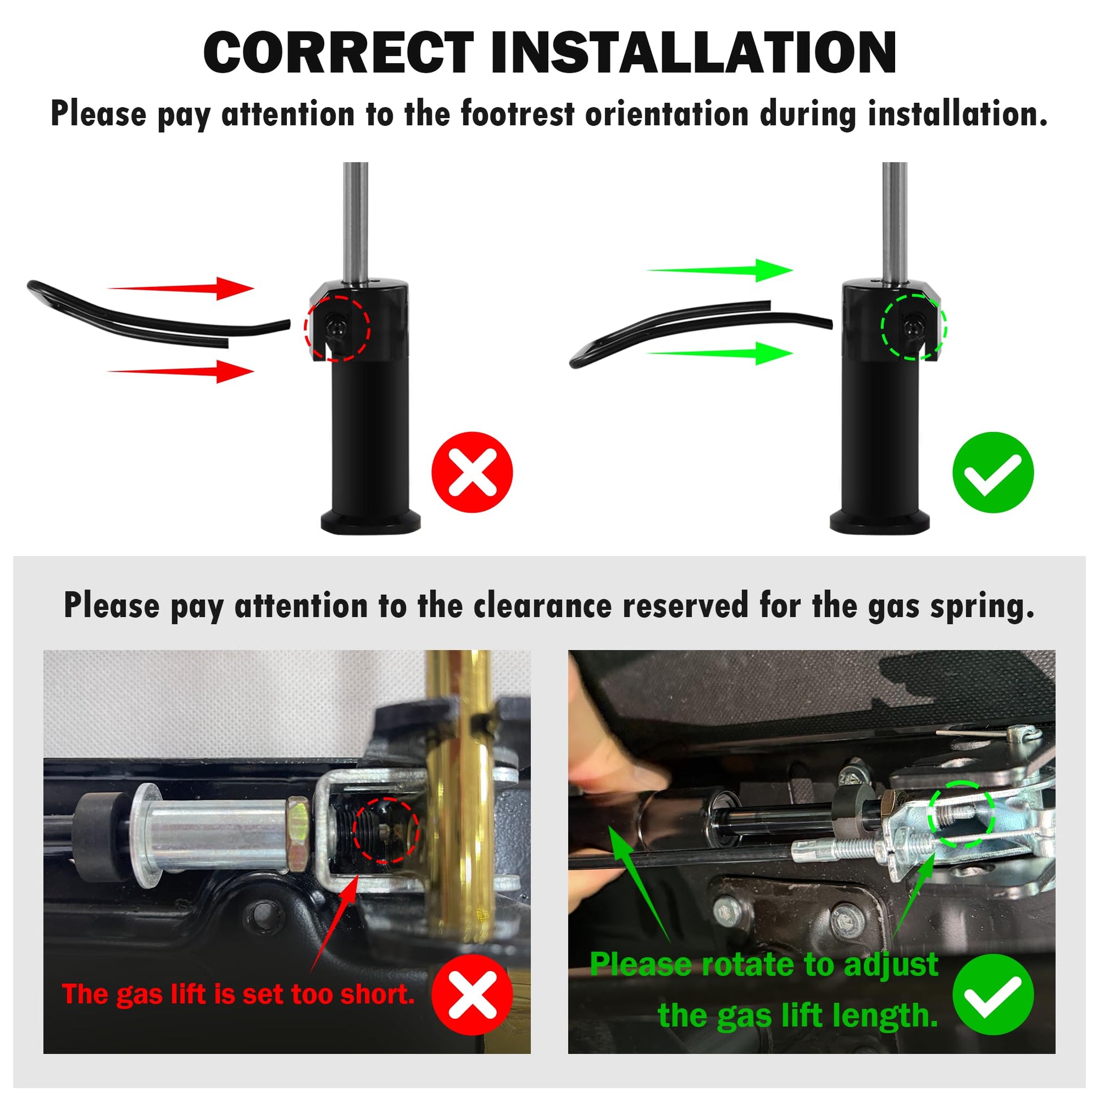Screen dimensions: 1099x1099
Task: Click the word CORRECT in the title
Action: [339, 53]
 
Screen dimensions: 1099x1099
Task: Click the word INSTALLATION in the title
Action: [695, 53]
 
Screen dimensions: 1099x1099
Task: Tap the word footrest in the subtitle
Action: [518, 114]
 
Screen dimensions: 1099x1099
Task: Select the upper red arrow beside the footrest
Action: [181, 289]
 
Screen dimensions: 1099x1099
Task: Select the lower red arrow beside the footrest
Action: [181, 372]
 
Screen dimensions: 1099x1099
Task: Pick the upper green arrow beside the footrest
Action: [719, 270]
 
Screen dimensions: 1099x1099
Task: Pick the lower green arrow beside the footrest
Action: [719, 354]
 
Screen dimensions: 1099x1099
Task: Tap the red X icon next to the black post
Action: [472, 472]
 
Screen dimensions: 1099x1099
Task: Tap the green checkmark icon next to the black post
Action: [993, 472]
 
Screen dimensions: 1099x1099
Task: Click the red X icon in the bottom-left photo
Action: [472, 995]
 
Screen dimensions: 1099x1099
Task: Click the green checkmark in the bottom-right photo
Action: [993, 995]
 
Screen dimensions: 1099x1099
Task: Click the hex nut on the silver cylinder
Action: [298, 834]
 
